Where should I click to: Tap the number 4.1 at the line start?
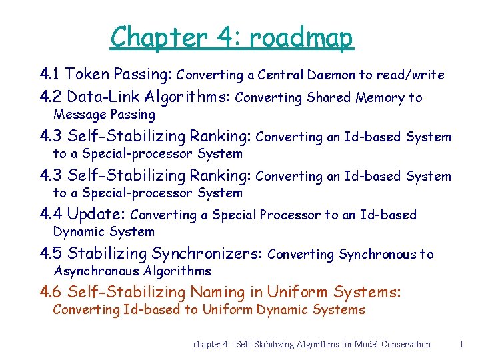coord(51,73)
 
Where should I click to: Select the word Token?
coord(88,73)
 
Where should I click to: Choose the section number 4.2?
coord(51,97)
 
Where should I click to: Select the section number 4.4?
coord(51,214)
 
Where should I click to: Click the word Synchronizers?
coord(207,253)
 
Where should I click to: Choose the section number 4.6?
coord(51,291)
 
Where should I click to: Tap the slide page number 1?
coord(461,344)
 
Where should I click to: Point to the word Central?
coord(281,75)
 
